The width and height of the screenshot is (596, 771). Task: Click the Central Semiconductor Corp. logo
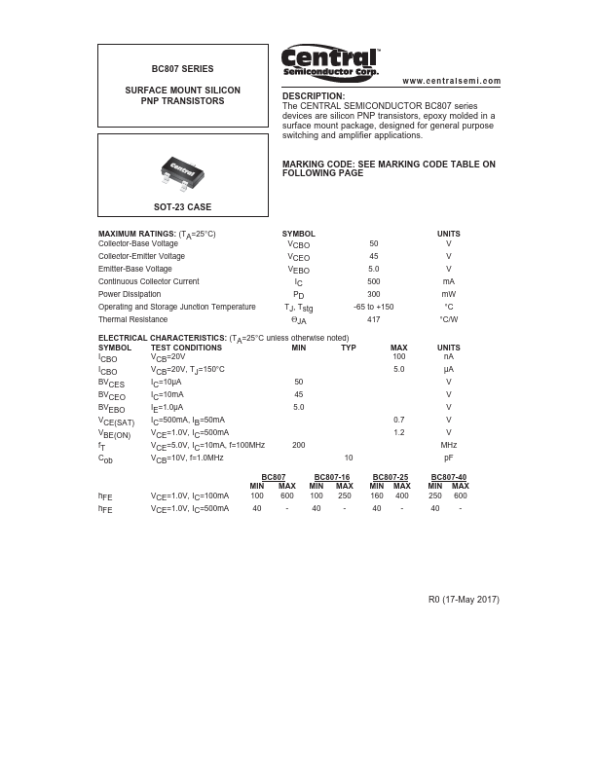point(330,62)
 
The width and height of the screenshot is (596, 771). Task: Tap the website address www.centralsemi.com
point(451,81)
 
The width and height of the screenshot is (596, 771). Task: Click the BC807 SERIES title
point(182,69)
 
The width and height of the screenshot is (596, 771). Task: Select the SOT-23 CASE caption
point(182,207)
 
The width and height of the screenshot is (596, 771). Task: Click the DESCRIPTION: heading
point(314,95)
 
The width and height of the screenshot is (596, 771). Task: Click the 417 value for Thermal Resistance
point(374,319)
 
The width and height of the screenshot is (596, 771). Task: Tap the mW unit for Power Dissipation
point(448,294)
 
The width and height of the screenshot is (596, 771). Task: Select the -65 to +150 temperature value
point(374,307)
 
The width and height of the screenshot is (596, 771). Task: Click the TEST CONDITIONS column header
point(186,348)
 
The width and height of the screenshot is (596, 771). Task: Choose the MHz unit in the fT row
point(448,445)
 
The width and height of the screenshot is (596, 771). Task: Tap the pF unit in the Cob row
point(448,458)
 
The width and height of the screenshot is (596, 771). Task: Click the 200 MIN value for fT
point(299,445)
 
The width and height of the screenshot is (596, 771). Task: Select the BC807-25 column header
point(390,477)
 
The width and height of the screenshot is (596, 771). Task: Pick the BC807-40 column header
point(448,477)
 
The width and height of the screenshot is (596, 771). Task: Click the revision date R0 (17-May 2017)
point(464,600)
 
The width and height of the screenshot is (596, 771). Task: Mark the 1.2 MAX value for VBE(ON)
point(398,432)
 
